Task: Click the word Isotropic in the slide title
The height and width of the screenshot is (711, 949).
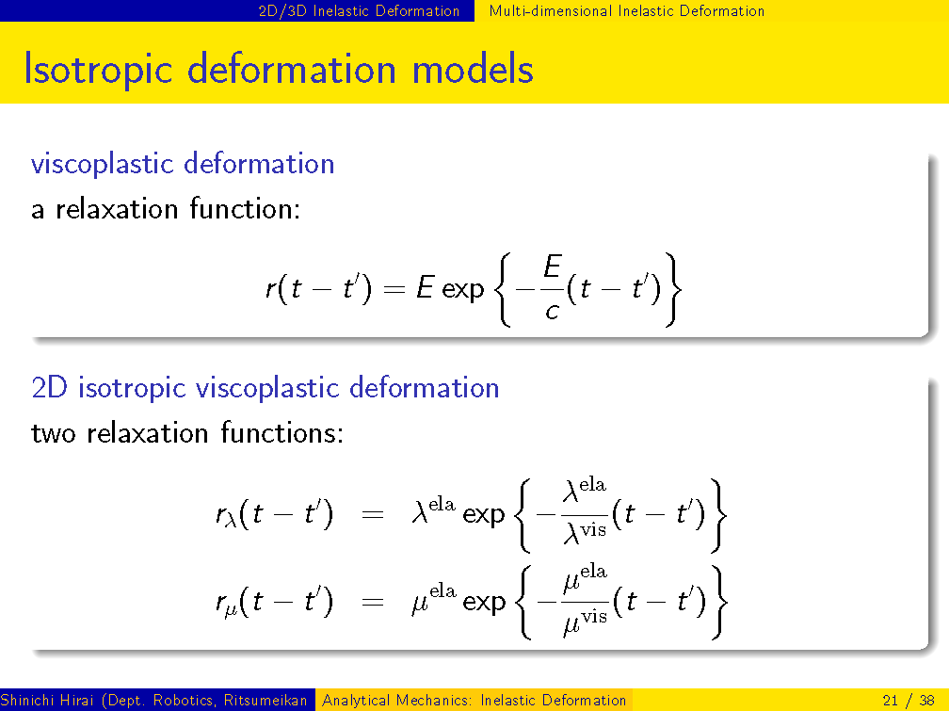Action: click(98, 70)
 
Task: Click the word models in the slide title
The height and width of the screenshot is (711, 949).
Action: click(473, 69)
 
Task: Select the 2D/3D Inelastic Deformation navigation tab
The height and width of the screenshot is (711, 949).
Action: click(359, 11)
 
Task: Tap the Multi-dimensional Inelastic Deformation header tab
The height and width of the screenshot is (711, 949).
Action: click(626, 11)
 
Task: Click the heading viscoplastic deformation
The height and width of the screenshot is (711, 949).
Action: click(183, 164)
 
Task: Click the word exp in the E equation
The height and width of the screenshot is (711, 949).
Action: click(463, 289)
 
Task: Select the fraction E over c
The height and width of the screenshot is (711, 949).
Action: click(552, 287)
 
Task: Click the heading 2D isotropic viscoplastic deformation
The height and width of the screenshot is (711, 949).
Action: click(265, 388)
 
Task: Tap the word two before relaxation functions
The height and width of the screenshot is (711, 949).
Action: click(54, 433)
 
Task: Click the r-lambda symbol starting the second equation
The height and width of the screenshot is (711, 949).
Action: click(226, 515)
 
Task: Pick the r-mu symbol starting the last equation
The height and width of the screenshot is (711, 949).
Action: click(226, 604)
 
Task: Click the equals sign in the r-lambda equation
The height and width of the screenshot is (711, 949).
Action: click(373, 515)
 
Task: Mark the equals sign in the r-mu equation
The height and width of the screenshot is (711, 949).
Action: click(373, 602)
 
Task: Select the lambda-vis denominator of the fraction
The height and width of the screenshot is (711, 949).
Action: click(585, 533)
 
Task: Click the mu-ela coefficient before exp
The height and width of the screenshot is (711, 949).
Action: click(433, 599)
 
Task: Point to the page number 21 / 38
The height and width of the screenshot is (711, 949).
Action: click(909, 701)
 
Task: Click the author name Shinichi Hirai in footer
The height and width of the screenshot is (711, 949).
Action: click(47, 701)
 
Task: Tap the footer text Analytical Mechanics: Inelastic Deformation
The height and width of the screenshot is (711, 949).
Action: click(474, 701)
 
